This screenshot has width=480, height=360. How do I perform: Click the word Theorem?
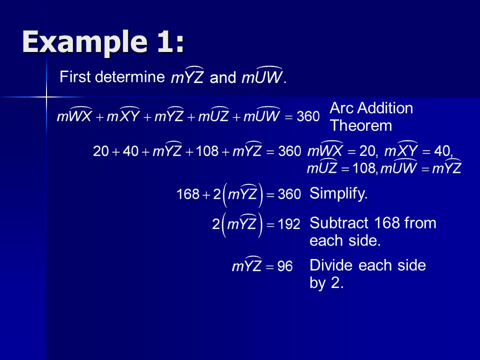coord(361,125)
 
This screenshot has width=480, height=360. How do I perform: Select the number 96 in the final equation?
coord(284,266)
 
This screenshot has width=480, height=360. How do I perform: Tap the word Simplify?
coord(338,193)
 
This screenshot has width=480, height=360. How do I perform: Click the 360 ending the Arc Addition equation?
coord(308,116)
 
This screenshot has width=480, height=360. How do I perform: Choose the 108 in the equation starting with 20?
coord(207,151)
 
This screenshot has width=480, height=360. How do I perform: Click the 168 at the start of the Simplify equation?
coord(188,194)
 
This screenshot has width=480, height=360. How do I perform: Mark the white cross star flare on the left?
coord(46,97)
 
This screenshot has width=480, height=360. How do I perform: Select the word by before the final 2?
coord(317,283)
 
